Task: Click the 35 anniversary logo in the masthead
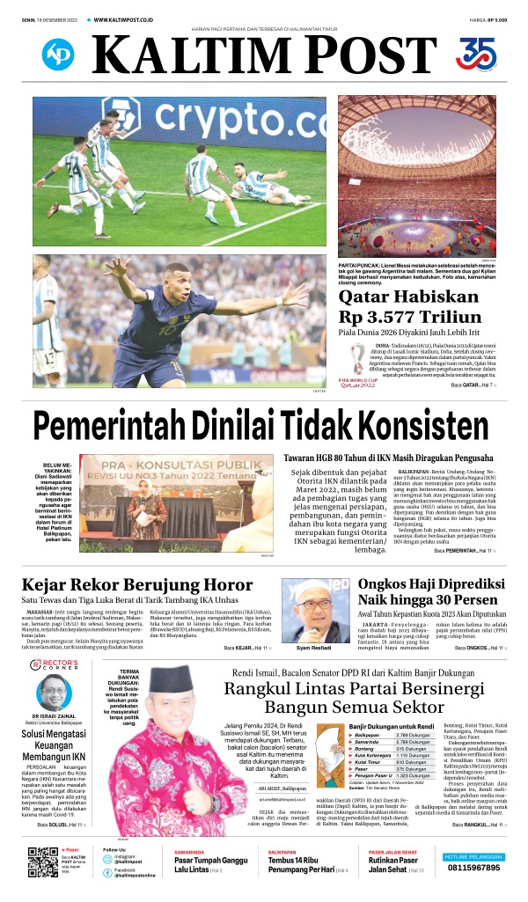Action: pyautogui.click(x=476, y=54)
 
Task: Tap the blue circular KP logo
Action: pyautogui.click(x=58, y=55)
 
